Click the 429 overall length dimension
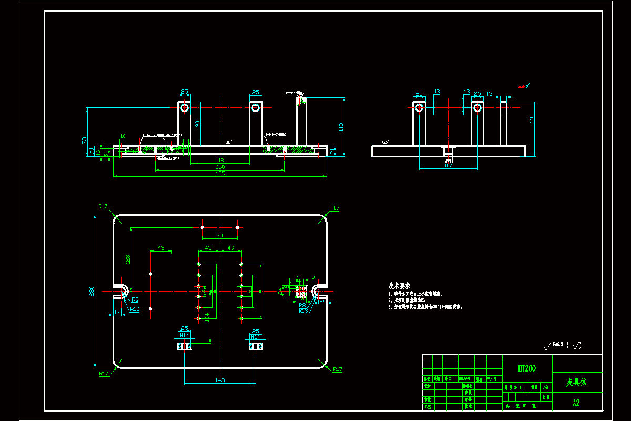point(220,173)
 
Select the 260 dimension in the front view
point(220,167)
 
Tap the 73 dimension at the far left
point(84,140)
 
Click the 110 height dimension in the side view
point(531,119)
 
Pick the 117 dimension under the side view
point(448,166)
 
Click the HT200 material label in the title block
point(527,368)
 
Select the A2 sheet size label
point(576,403)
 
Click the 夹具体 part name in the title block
point(576,383)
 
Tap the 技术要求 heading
point(399,285)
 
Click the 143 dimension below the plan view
point(220,380)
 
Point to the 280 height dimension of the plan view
point(91,290)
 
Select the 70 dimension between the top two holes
point(220,235)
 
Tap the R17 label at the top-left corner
point(103,206)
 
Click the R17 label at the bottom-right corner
point(337,369)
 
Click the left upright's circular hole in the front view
point(185,108)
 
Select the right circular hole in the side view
point(477,108)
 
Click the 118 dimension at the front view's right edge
point(341,126)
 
